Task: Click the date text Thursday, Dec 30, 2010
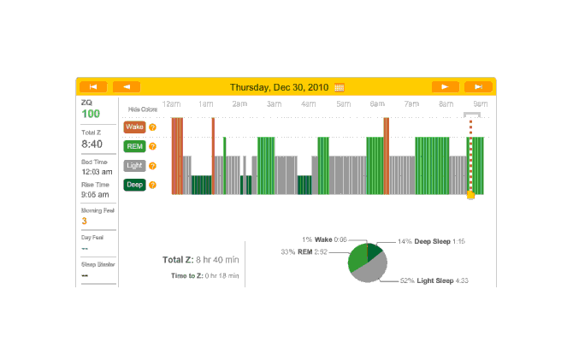tap(281, 86)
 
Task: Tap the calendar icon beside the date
tap(340, 87)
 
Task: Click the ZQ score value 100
tap(91, 114)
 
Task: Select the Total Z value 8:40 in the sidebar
tap(92, 144)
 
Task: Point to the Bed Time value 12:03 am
tap(95, 171)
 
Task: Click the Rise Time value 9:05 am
tap(95, 194)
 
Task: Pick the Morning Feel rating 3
tap(84, 221)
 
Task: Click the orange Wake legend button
tap(134, 127)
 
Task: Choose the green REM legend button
tap(134, 145)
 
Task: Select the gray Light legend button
tap(134, 165)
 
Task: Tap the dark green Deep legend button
tap(134, 184)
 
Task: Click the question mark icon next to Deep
tap(152, 184)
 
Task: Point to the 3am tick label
tap(274, 103)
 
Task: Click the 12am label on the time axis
tap(170, 103)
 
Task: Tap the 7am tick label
tap(411, 103)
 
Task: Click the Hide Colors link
tap(143, 109)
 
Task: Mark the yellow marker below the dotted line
tap(470, 195)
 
